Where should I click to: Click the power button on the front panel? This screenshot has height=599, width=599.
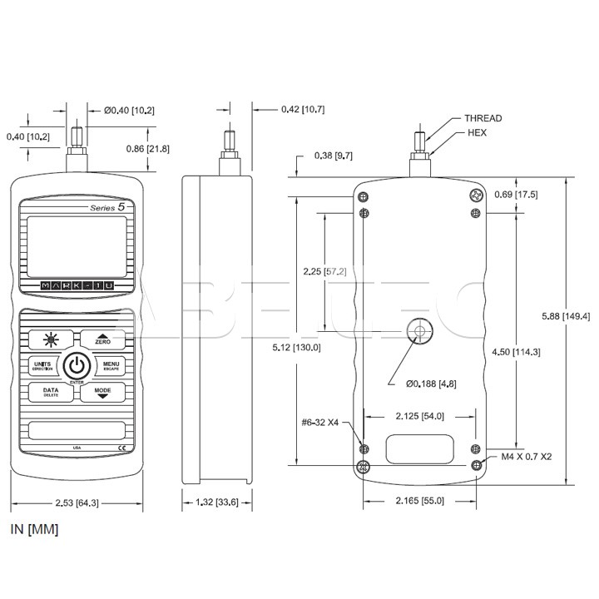(x=77, y=365)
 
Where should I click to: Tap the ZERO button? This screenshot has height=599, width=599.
(x=103, y=338)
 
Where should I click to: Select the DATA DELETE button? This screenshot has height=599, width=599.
(x=50, y=391)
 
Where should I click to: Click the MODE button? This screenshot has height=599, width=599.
(x=103, y=391)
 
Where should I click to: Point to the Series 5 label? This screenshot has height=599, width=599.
(x=108, y=205)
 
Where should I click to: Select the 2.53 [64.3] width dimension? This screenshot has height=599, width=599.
(x=75, y=502)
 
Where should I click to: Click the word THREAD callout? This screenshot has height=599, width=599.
(x=483, y=118)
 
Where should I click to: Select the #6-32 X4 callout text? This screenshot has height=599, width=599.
(x=321, y=421)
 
